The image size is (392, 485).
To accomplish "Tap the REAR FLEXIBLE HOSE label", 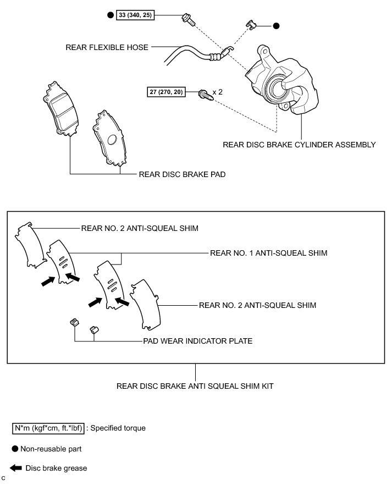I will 107,47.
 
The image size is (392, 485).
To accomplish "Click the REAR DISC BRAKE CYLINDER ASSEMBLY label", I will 299,145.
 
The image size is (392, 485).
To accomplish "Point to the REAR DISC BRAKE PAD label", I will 182,174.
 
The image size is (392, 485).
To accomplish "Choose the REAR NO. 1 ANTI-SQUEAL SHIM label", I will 269,253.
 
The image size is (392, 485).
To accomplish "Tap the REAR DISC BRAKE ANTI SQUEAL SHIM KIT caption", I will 195,386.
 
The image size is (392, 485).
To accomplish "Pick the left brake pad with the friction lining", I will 60,110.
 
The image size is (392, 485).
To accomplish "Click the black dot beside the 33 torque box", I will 110,16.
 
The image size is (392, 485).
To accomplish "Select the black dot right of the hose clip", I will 277,26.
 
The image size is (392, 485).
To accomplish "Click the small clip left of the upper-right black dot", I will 251,24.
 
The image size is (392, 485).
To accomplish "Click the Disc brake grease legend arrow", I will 16,469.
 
